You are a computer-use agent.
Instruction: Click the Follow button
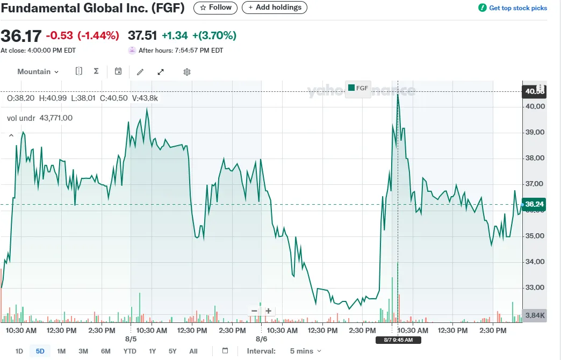pos(215,8)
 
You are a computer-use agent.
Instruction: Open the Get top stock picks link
pos(513,8)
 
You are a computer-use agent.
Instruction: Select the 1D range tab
pos(19,351)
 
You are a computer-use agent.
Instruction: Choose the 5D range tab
pos(40,351)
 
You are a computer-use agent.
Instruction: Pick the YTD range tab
pos(130,351)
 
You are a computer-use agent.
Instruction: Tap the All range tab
pos(193,351)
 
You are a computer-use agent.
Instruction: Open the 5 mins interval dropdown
pos(305,351)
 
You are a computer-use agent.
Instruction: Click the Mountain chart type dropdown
pos(38,71)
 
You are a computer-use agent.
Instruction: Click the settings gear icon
pos(187,72)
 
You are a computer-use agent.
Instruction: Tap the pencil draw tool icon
pos(140,72)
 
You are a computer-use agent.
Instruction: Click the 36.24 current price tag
pos(534,204)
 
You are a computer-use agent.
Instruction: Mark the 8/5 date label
pos(131,340)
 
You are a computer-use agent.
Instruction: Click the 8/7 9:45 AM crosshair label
pos(398,340)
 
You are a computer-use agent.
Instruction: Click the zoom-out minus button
pos(254,311)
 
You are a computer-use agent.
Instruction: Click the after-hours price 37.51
pos(142,36)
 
